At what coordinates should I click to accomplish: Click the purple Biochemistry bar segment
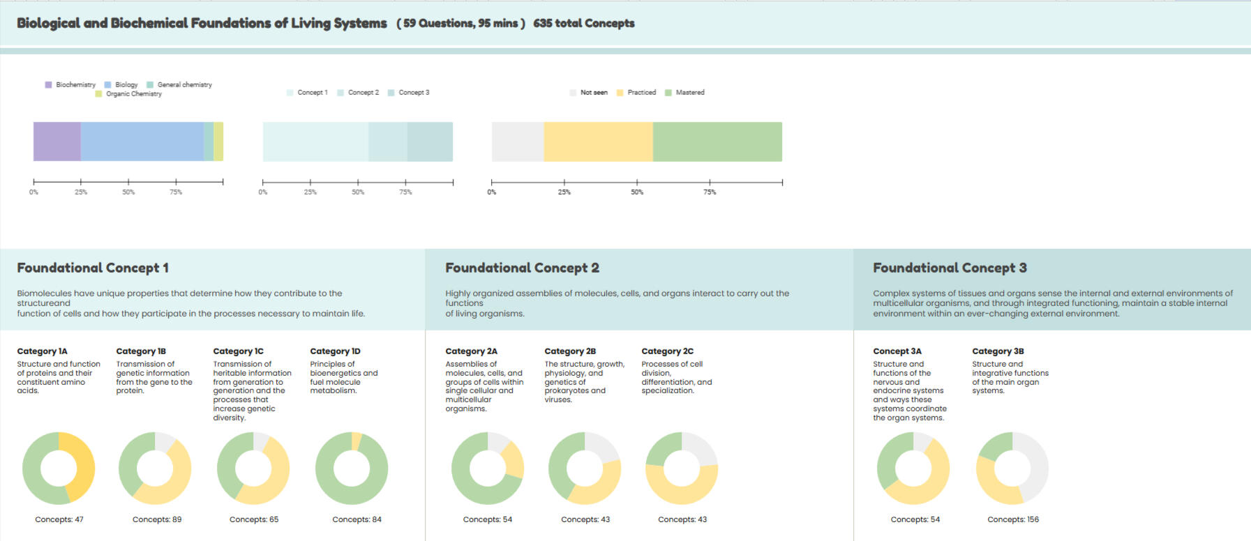click(57, 142)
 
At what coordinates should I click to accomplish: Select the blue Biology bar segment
click(142, 142)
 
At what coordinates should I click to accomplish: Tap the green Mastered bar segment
click(717, 142)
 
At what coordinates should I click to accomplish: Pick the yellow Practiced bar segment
click(598, 142)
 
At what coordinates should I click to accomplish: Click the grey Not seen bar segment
click(518, 142)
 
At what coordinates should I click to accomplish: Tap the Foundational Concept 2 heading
click(522, 268)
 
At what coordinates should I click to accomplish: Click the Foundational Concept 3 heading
click(950, 268)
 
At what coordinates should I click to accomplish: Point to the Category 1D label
click(335, 351)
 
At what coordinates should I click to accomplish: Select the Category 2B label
click(570, 351)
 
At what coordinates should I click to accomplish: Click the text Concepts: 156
click(1013, 519)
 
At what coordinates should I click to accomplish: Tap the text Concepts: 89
click(157, 519)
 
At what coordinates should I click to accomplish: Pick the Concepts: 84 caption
click(357, 519)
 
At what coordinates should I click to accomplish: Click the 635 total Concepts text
click(584, 24)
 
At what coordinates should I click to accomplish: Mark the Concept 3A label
click(897, 351)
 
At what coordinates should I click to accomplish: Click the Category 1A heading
click(42, 351)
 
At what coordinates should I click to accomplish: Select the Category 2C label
click(667, 351)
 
